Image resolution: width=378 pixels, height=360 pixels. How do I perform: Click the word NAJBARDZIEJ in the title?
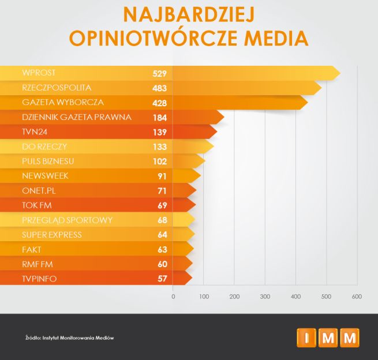[189, 13]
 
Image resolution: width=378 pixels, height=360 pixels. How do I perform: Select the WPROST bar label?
[39, 73]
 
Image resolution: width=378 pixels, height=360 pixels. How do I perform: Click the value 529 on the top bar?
[159, 73]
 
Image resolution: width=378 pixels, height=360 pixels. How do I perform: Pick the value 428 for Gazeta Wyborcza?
[159, 103]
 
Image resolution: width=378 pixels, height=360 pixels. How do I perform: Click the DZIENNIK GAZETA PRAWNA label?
[77, 117]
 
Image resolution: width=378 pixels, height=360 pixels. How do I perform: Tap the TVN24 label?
[35, 132]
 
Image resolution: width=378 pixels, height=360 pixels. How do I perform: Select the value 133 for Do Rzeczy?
[159, 147]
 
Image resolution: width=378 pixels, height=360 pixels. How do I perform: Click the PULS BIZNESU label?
[48, 161]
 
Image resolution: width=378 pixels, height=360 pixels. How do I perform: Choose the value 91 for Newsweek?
[162, 176]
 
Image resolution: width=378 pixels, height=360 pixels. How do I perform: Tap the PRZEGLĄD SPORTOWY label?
[67, 220]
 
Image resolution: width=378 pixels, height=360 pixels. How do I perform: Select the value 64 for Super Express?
[162, 235]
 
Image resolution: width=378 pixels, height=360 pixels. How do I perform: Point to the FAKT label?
[32, 249]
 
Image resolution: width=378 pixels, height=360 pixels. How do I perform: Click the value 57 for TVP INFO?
[162, 279]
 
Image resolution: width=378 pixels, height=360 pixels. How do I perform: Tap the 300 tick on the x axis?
[265, 297]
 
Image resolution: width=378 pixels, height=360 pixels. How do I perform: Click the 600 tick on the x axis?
[357, 297]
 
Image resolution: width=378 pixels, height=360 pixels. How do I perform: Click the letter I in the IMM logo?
[306, 337]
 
